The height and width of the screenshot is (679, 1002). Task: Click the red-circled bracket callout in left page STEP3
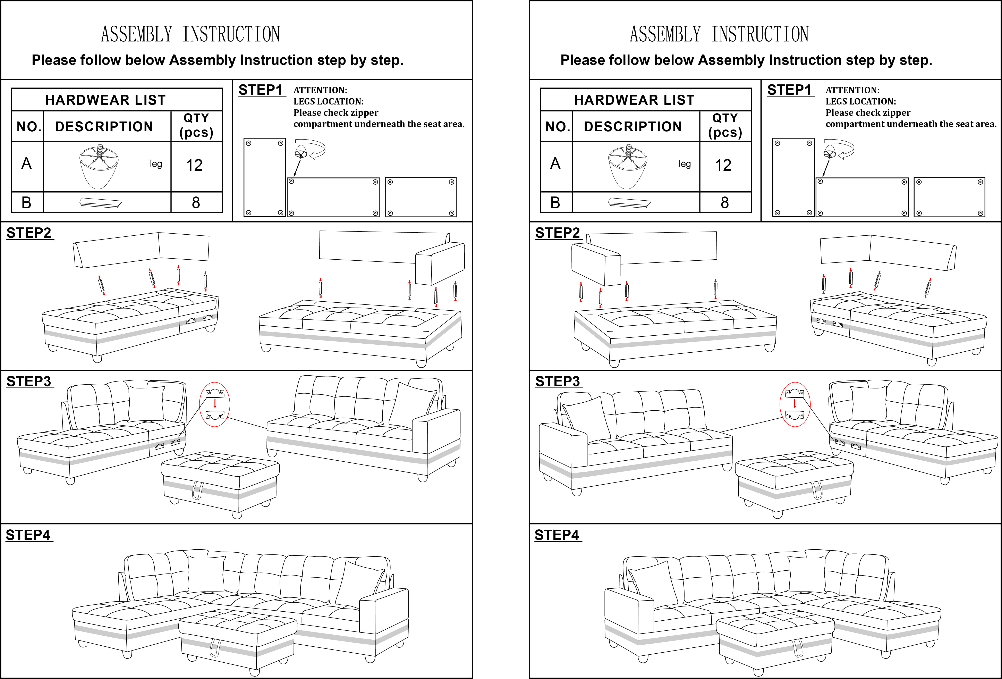[x=215, y=404]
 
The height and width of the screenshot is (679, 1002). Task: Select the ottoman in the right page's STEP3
[x=794, y=482]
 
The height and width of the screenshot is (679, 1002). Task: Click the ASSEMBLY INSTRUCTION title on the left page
[x=190, y=34]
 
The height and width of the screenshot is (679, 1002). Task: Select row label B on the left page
[x=26, y=202]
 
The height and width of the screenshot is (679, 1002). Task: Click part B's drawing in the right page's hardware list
[x=629, y=202]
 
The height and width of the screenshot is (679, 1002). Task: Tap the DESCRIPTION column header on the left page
[x=104, y=126]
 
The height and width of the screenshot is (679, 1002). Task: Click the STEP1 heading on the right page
[x=789, y=90]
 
